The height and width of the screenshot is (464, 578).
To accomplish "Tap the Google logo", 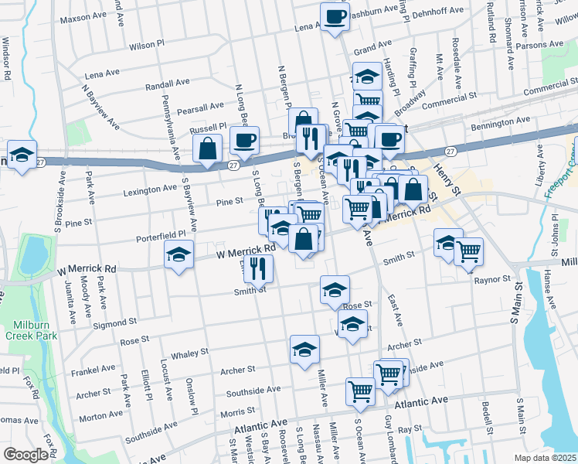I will pyautogui.click(x=25, y=455).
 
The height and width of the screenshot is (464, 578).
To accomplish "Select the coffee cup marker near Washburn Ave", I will pyautogui.click(x=335, y=16).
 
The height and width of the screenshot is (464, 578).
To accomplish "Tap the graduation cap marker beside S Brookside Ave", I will pyautogui.click(x=22, y=153).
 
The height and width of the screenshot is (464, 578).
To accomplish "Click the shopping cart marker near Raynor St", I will pyautogui.click(x=469, y=251).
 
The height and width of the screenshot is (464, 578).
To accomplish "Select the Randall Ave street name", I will pyautogui.click(x=167, y=83).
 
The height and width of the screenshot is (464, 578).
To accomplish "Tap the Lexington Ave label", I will pyautogui.click(x=149, y=189).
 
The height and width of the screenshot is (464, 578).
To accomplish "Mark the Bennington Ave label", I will pyautogui.click(x=502, y=121).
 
